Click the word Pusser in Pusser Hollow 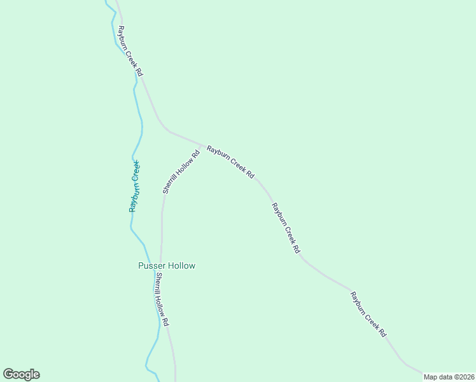151,265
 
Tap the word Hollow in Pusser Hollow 181,265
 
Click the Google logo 21,374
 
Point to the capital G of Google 8,374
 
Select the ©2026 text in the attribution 463,377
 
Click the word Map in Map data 431,377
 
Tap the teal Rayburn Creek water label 134,186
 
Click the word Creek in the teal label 136,170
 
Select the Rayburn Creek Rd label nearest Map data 368,314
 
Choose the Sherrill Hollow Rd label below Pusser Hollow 162,300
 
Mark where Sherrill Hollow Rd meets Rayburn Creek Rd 202,145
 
